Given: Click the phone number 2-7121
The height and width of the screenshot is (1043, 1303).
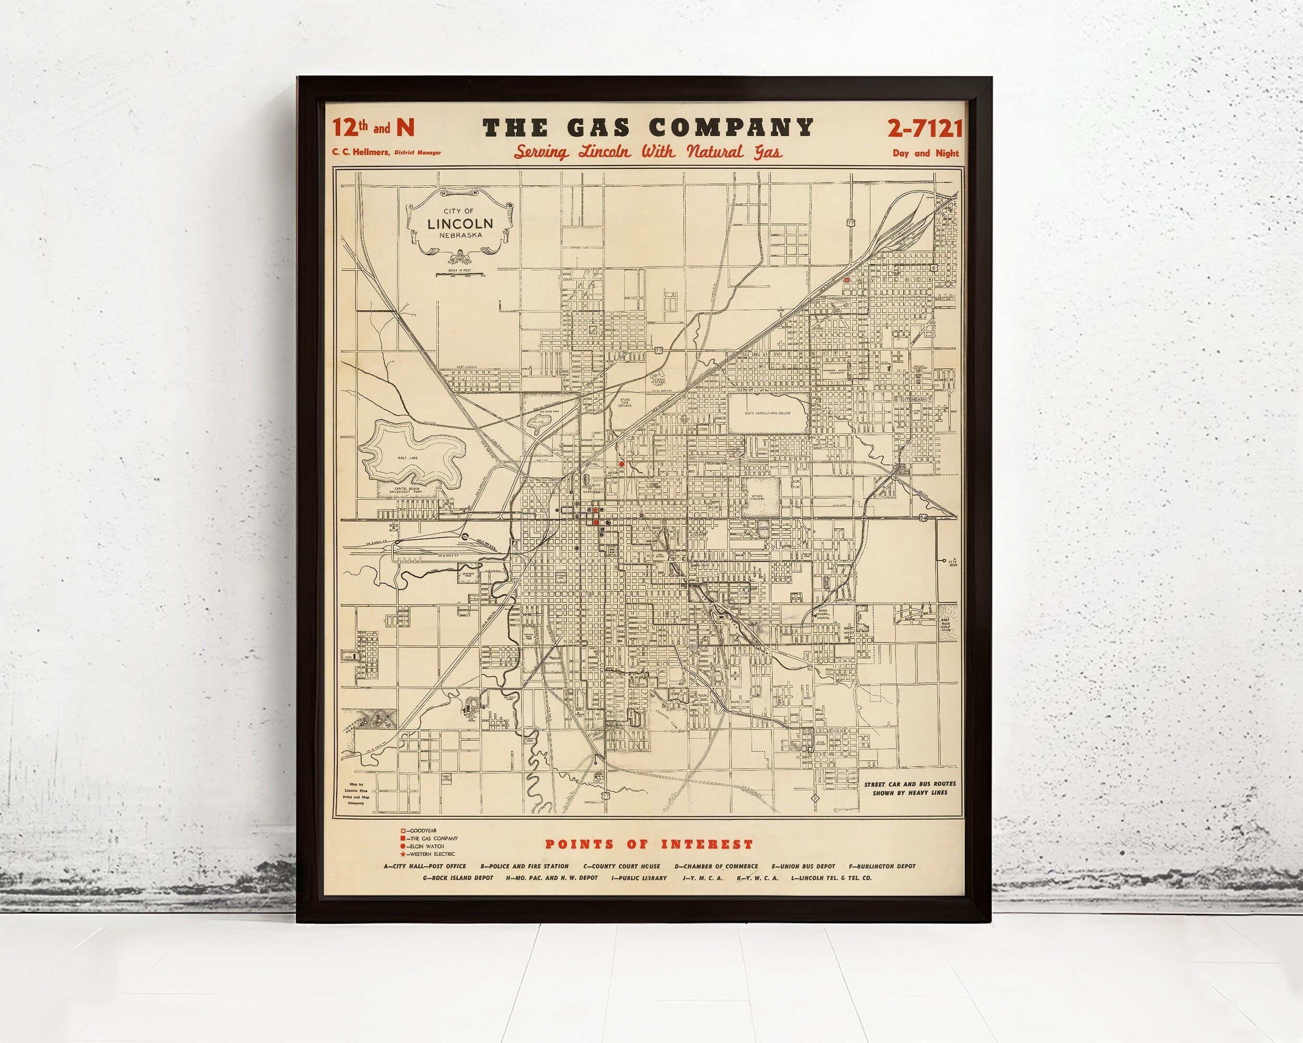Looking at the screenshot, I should (924, 128).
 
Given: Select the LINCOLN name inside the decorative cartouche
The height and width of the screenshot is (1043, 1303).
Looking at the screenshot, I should (460, 223).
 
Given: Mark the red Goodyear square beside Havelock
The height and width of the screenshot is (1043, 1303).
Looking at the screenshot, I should (847, 280).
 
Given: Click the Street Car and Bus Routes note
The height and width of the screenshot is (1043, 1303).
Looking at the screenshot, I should (909, 789).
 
